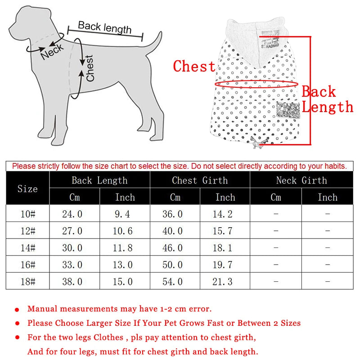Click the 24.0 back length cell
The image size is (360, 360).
72,214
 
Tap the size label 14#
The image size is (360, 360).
27,248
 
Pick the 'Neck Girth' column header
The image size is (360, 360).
301,180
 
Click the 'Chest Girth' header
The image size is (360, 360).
200,180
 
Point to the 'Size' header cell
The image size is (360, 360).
27,189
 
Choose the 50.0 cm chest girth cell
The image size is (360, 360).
173,265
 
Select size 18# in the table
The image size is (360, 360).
27,282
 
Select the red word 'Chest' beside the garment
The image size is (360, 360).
194,67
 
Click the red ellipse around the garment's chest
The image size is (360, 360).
257,84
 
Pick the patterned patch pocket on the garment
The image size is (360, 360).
288,110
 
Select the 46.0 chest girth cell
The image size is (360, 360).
173,248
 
